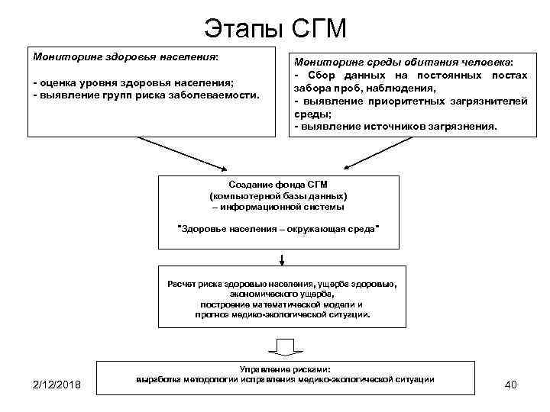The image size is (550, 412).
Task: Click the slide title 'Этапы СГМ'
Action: pos(275,28)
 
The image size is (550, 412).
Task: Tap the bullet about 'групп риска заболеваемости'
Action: pos(146,96)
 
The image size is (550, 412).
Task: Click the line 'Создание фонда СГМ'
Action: pos(278,185)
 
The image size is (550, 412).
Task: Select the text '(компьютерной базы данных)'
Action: pos(278,195)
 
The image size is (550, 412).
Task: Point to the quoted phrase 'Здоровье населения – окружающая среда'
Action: pos(278,229)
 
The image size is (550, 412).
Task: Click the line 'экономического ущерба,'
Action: pos(282,293)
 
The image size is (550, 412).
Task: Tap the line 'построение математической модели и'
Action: pos(282,303)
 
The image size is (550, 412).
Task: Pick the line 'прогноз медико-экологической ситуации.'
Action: pos(282,314)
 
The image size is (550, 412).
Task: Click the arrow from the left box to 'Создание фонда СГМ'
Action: pos(183,153)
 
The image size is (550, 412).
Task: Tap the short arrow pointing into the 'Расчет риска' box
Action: pos(282,259)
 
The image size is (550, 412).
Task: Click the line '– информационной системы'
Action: pos(278,206)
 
